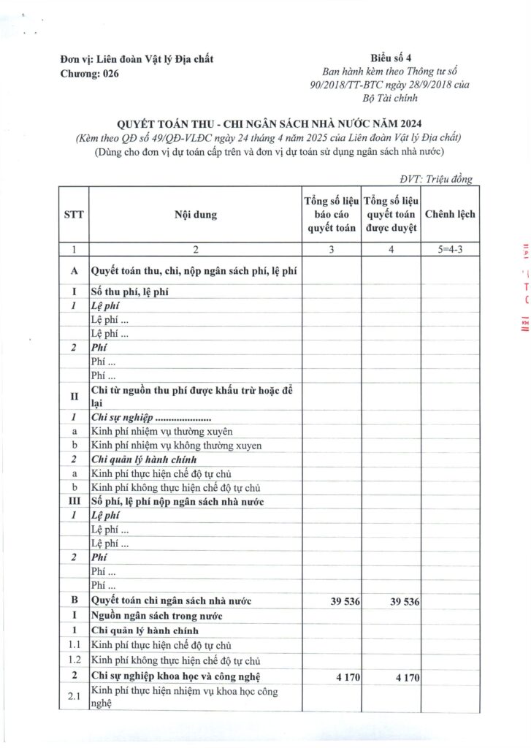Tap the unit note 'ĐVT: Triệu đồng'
[x=436, y=179]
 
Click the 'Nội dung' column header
[x=195, y=215]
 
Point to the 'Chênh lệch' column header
[x=450, y=215]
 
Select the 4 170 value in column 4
[x=400, y=677]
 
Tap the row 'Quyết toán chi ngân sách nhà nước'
[x=171, y=601]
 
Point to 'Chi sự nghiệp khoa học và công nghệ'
[x=175, y=677]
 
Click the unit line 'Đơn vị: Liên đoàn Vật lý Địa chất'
[x=137, y=59]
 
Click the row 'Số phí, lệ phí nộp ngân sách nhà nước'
[x=177, y=501]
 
